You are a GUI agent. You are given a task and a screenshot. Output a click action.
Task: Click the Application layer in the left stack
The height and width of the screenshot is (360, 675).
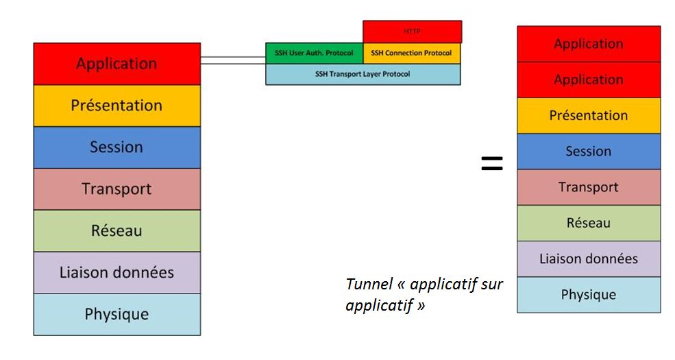[116, 64]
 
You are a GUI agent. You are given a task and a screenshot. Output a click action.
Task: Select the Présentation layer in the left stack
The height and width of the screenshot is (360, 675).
[116, 106]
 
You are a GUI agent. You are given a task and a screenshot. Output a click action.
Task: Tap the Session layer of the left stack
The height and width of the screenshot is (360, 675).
[116, 147]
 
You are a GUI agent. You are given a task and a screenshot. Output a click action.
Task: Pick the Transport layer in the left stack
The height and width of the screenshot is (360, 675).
[116, 189]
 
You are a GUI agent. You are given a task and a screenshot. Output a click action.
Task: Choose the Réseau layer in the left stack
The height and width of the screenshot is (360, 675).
[116, 230]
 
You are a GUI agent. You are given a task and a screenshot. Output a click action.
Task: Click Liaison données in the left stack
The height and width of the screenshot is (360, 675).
[116, 272]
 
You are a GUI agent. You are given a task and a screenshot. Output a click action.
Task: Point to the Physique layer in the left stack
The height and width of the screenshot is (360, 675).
[116, 314]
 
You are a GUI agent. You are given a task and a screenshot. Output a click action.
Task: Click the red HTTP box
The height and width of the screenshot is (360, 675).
[412, 32]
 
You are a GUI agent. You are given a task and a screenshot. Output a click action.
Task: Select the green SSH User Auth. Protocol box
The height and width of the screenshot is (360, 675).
[315, 53]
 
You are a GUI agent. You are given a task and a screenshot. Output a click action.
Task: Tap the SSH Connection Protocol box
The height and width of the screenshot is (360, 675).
[412, 53]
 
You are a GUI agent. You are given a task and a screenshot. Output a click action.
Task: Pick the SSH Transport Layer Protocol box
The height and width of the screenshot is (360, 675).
[363, 74]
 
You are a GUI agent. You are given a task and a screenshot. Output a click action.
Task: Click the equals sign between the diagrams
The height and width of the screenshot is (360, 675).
[491, 163]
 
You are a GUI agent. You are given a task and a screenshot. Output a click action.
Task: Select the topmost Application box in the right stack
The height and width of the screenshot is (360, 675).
[589, 44]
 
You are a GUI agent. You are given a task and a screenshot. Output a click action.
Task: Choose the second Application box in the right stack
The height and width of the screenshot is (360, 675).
[589, 80]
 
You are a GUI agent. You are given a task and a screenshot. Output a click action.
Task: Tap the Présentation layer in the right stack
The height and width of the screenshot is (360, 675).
[589, 116]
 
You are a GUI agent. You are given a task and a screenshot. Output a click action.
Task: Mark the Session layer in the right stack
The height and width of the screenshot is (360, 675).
[589, 152]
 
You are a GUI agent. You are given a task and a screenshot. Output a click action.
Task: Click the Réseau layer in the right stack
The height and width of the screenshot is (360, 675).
[589, 223]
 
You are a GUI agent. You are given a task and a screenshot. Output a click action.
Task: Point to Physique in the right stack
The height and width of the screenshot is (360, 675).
[589, 295]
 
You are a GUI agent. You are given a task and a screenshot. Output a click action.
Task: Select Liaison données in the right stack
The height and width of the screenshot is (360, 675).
[589, 259]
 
